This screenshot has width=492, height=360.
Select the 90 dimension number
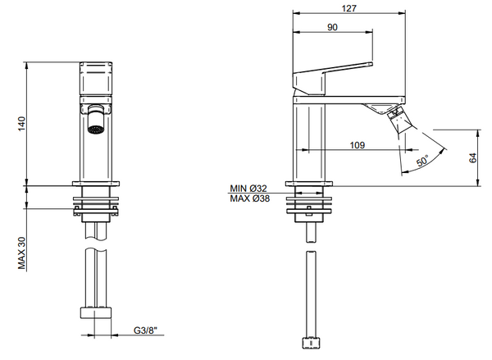332,27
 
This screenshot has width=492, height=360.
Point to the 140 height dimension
24,123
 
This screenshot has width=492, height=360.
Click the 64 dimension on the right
473,158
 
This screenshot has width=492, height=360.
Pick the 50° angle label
421,162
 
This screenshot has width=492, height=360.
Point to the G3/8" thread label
146,330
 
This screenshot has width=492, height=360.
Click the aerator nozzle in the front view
97,128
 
